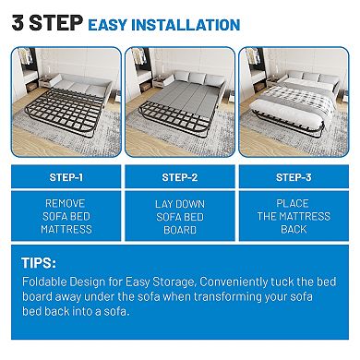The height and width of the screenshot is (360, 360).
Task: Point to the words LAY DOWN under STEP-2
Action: (181, 202)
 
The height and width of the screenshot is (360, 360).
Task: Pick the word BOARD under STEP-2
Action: (181, 228)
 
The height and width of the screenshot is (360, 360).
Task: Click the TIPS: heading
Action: (41, 263)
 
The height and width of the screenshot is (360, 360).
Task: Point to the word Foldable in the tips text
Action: (42, 283)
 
